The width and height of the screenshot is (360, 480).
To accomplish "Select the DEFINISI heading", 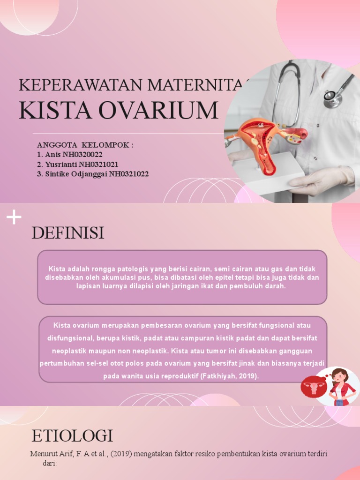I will click(68, 233).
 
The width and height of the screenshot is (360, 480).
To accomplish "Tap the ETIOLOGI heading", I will click(72, 436).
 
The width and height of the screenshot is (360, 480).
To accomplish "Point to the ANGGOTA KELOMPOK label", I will click(85, 145).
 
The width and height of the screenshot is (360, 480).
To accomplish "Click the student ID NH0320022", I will click(79, 155).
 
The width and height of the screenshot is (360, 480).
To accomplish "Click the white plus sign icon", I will click(14, 217).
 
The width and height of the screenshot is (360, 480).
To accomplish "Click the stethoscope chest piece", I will click(332, 97).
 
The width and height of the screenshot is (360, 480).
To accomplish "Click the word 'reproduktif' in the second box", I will click(172, 376).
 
